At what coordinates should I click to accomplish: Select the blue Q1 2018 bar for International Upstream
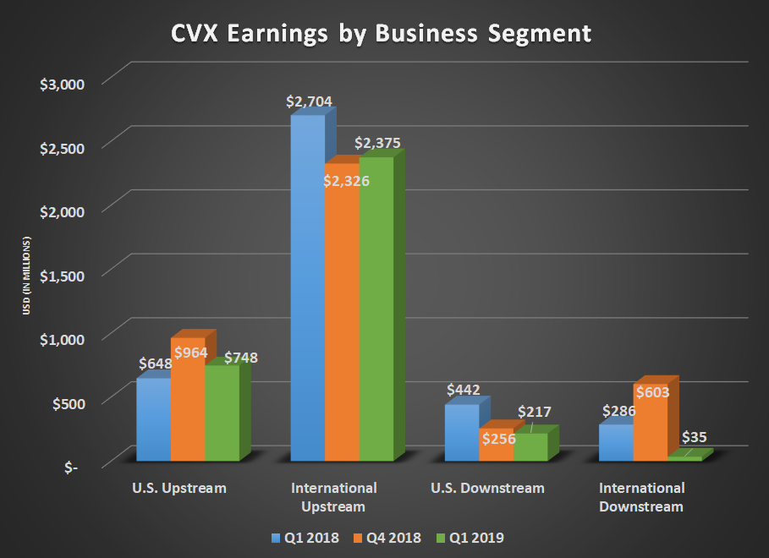[307, 287]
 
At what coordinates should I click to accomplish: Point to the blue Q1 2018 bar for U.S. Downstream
[462, 433]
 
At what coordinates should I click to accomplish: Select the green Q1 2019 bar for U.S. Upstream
[222, 413]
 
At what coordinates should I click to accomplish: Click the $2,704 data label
[310, 101]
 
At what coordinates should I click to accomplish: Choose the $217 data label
[534, 413]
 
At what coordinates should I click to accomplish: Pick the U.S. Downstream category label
[487, 489]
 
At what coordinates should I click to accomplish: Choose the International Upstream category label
[333, 498]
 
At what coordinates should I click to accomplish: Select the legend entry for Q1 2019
[472, 538]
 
